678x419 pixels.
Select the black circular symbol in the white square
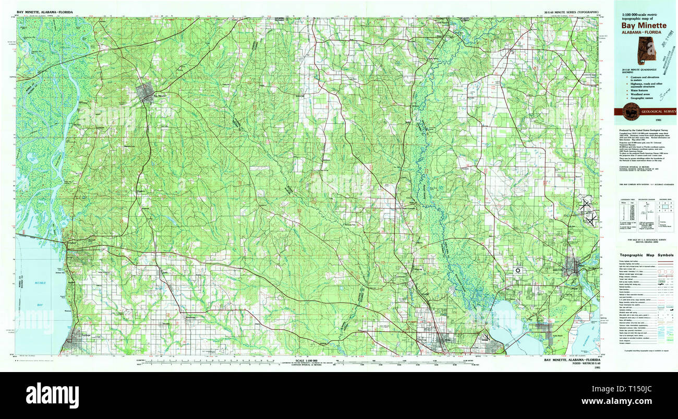click(x=518, y=270)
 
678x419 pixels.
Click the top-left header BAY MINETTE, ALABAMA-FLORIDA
click(x=45, y=11)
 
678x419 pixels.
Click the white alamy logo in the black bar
click(x=52, y=394)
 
